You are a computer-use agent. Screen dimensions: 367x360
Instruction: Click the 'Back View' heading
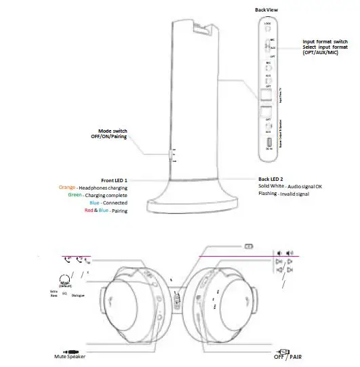click(x=267, y=11)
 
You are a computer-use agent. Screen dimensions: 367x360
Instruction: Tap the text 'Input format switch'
click(x=328, y=41)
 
